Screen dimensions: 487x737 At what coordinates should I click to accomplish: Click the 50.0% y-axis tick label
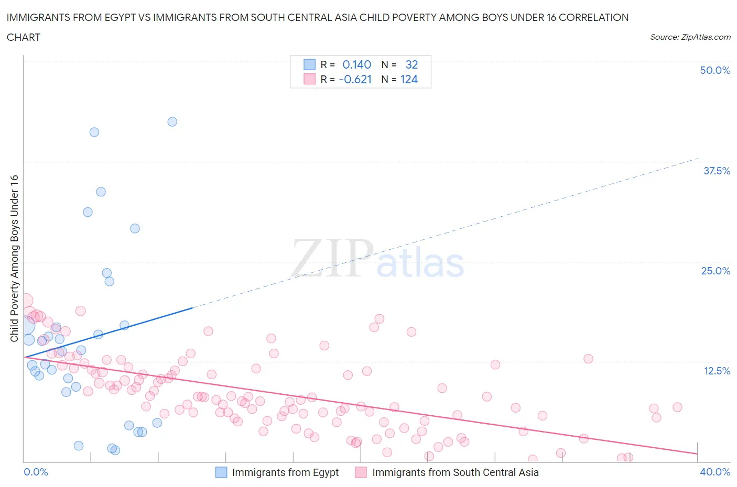click(715, 70)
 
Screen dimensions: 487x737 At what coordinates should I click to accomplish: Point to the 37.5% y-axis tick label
click(717, 171)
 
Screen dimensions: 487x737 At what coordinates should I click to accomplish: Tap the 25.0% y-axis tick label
click(716, 271)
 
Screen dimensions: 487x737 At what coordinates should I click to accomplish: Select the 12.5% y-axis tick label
click(717, 371)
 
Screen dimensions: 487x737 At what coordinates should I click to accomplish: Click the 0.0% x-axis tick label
click(36, 472)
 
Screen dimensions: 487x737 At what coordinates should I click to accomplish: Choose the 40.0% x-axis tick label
click(715, 472)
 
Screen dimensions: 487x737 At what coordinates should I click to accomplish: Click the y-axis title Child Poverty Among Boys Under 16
click(14, 259)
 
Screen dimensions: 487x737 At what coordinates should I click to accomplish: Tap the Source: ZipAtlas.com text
click(690, 37)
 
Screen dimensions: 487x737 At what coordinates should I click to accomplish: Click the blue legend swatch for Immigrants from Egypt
click(222, 472)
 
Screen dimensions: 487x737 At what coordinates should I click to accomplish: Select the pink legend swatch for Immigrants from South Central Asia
click(361, 472)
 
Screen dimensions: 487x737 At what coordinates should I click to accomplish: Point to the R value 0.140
click(356, 64)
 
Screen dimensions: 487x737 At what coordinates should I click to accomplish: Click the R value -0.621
click(355, 80)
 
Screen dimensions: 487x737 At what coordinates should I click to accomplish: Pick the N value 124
click(409, 80)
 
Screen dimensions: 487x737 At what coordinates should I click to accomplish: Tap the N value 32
click(411, 64)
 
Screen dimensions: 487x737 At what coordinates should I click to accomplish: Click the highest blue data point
click(172, 121)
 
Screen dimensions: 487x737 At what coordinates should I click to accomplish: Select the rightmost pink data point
click(677, 407)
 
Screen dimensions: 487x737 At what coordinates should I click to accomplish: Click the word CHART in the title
click(24, 37)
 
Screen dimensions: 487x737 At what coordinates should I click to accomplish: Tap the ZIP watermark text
click(332, 259)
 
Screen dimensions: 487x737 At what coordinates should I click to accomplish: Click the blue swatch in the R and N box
click(310, 64)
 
